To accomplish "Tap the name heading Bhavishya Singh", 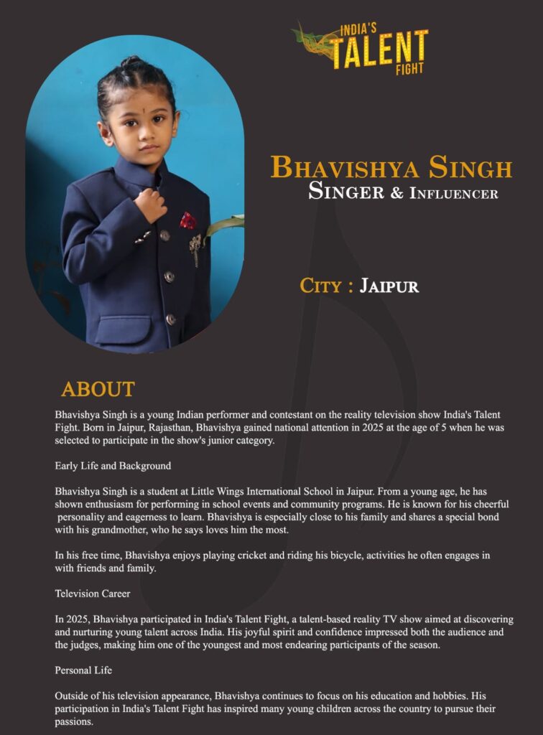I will point(391,168).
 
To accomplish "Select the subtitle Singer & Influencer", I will point(403,192).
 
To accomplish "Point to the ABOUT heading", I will point(98,389).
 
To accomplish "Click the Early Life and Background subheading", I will point(113,466).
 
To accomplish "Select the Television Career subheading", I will point(93,594).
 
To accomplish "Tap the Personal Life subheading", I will point(83,670).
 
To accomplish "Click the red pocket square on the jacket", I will point(188,220).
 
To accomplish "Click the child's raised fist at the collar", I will point(152,204).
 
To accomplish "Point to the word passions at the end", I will point(74,721).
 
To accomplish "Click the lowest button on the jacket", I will point(170,319).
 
